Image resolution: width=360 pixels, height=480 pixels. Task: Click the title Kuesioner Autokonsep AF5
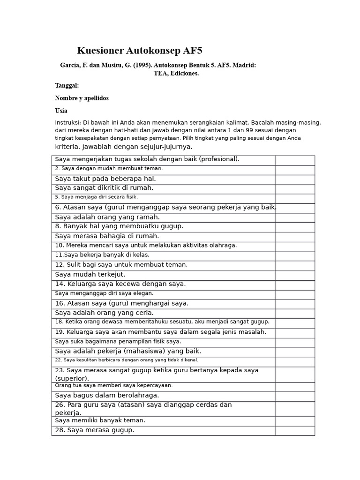tap(139, 51)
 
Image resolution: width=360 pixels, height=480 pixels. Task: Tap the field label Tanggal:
tap(67, 85)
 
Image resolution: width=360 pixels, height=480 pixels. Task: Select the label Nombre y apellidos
tap(82, 98)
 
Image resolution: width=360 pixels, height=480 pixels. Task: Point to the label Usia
tap(61, 111)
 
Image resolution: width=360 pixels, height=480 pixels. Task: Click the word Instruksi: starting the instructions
tap(68, 122)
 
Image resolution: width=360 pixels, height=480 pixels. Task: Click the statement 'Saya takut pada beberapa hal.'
tap(105, 179)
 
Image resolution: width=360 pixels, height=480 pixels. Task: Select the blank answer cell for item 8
tap(294, 227)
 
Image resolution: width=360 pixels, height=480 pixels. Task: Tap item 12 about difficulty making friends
tap(121, 265)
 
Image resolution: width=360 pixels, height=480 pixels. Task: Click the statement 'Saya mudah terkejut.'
tap(90, 275)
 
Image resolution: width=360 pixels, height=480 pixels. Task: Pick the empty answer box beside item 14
tap(294, 285)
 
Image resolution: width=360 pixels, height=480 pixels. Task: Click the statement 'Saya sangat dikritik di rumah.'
tap(104, 188)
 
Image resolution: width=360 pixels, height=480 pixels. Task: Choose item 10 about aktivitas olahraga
tap(146, 245)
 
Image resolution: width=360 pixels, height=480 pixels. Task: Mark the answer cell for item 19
tap(294, 332)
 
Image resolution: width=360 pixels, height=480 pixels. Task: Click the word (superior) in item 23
tap(72, 378)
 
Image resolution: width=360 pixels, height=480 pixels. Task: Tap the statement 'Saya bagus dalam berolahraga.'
tap(107, 396)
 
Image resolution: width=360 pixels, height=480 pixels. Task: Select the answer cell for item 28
tap(294, 430)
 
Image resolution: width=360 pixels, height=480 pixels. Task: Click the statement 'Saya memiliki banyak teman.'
tap(100, 420)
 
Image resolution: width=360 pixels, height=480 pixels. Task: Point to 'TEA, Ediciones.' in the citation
tap(176, 73)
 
